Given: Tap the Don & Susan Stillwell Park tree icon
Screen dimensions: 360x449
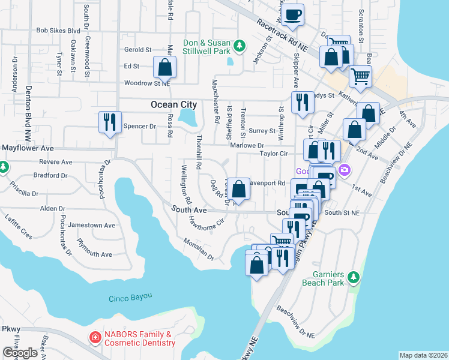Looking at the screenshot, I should (239, 46).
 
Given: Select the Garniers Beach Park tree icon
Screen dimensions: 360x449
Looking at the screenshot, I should (354, 277).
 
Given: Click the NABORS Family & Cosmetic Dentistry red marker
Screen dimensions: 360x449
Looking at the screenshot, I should (94, 338).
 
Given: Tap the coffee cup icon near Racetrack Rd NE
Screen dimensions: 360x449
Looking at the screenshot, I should (293, 14).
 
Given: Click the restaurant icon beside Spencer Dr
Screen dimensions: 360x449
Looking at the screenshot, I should (109, 122).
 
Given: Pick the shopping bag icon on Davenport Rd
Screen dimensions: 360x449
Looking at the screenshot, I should (239, 189).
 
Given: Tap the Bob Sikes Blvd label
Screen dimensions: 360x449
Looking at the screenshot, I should (58, 29).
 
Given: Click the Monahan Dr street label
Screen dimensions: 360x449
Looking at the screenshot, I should (199, 250).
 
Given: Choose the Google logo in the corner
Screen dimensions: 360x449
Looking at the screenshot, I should (20, 353).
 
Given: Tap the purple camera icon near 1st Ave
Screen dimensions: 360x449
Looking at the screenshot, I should (345, 170).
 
